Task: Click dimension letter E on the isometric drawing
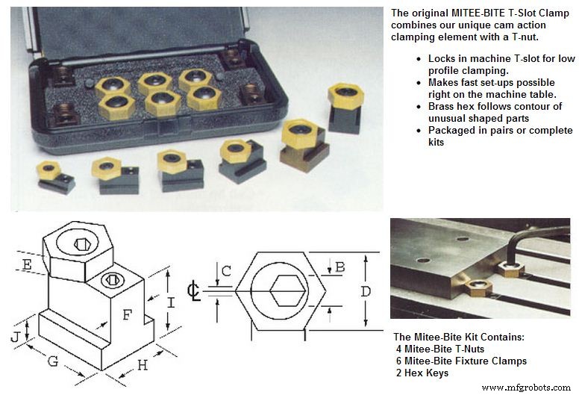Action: (27, 264)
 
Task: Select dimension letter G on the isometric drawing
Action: (53, 361)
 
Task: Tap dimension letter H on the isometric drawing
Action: (143, 365)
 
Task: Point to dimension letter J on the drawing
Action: (16, 337)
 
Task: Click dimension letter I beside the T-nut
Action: (171, 303)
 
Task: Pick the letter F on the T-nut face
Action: (127, 315)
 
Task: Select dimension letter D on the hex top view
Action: (366, 291)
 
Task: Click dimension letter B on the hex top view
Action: (340, 267)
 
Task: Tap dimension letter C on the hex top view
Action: (226, 271)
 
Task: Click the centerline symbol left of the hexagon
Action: (193, 291)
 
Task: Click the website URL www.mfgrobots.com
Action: (526, 388)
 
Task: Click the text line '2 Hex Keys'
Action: (422, 373)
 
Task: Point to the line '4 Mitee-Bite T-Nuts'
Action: (439, 349)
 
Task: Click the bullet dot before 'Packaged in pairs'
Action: (419, 131)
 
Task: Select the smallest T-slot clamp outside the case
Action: (54, 177)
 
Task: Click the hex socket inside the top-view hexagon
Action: (288, 290)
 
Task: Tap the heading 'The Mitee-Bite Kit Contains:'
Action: (459, 337)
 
